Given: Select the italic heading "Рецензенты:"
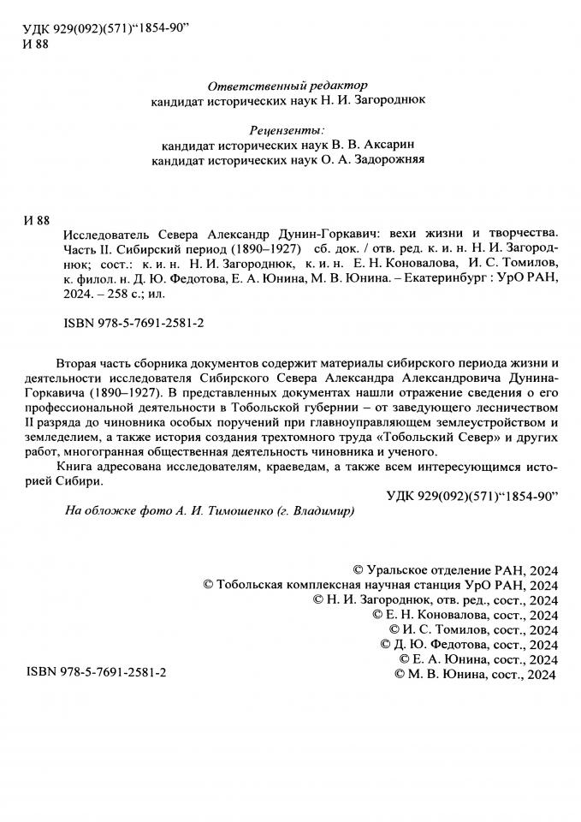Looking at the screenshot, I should tap(287, 130).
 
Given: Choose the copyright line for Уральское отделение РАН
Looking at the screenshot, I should tap(455, 568).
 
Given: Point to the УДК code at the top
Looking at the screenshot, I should tap(107, 30).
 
